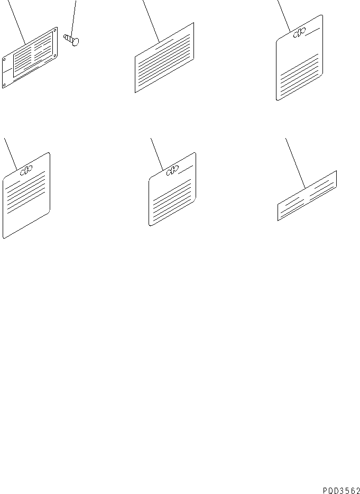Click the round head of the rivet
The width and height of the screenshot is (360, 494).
coord(76,42)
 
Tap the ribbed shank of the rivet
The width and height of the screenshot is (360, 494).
coord(68,38)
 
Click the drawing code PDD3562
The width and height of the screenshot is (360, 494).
coord(341,490)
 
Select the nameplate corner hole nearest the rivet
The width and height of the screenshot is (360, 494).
coord(55,31)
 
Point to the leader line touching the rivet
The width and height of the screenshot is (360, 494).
coord(73,19)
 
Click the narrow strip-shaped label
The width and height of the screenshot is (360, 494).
coord(307,196)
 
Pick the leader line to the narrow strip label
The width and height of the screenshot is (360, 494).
coord(296,163)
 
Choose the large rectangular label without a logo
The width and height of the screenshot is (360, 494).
coord(164,58)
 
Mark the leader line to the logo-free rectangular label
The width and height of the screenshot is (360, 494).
coord(151,21)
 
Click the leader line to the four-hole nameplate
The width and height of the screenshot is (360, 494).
coord(16,22)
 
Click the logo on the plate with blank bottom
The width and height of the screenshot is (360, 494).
coord(26,170)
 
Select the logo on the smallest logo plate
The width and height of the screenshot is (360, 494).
coord(172,170)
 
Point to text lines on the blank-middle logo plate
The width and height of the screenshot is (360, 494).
coord(300,75)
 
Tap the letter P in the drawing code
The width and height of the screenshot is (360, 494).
coord(325,490)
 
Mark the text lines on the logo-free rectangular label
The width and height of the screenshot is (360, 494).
coord(164,62)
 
